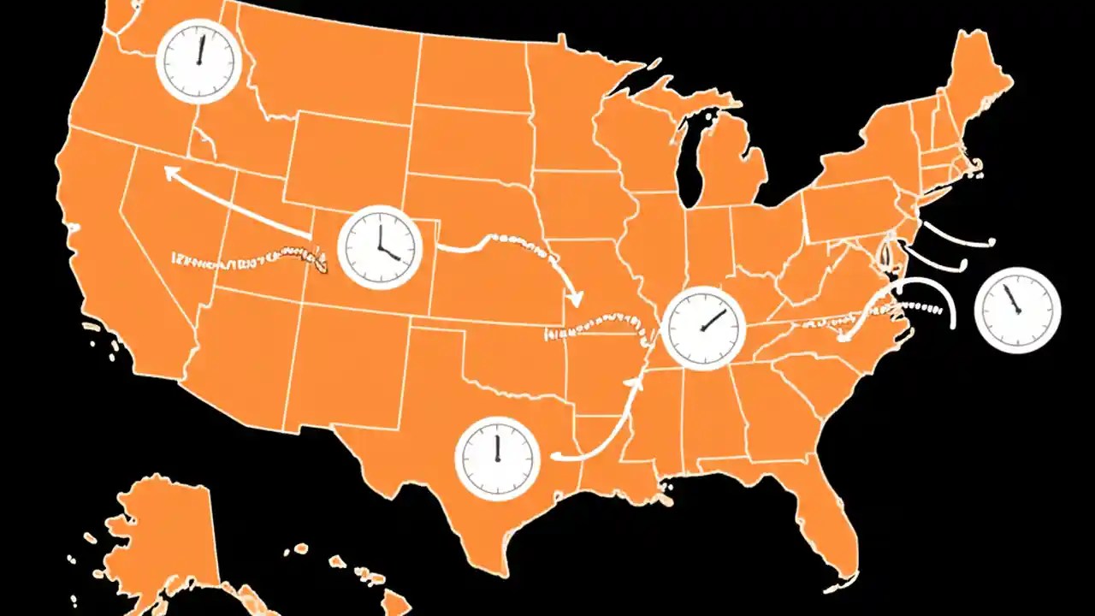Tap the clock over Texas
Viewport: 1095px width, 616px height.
(496, 456)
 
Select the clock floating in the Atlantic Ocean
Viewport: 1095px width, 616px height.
(1017, 310)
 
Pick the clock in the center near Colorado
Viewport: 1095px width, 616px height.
(380, 246)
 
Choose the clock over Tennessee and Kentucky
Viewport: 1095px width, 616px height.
(704, 328)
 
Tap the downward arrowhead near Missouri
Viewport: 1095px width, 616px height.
(575, 299)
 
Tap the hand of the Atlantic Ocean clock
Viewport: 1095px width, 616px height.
(1012, 299)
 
